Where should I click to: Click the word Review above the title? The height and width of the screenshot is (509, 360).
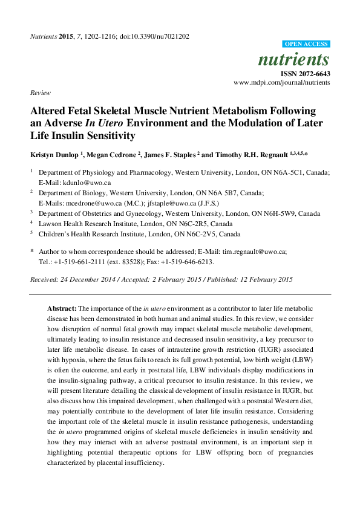tap(39, 93)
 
